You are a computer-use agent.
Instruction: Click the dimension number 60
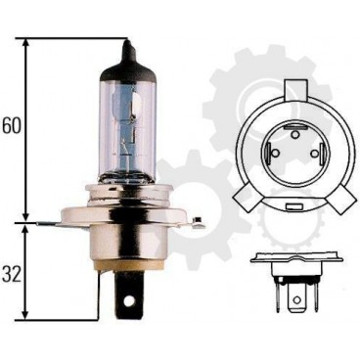tap(12, 125)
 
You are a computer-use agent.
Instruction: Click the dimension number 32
tap(12, 275)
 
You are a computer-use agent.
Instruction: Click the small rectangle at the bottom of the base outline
tap(294, 206)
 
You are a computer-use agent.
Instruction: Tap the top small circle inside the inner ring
tap(294, 134)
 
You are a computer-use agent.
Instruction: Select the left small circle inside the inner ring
tap(275, 153)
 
